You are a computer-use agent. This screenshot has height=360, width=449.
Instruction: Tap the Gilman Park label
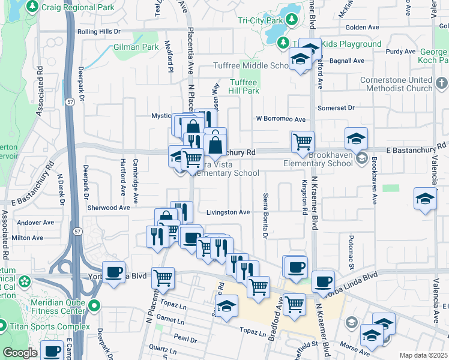point(136,46)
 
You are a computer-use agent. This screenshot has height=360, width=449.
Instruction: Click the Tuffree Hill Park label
point(244,86)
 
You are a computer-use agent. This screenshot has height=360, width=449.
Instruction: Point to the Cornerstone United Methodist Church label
point(396,84)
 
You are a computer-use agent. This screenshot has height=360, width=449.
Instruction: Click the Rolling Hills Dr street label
point(98,31)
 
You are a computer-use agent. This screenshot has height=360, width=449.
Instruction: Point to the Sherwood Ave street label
point(107,208)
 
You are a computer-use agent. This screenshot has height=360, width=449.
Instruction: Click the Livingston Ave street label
point(228,212)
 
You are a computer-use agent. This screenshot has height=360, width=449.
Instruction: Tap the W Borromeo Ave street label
point(281,119)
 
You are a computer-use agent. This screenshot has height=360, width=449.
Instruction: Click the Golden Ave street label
point(363,27)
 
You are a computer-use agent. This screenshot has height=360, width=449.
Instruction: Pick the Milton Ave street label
point(28,238)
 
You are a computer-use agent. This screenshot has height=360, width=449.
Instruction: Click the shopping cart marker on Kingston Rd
point(303,143)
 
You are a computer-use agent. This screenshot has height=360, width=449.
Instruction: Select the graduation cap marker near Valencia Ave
point(425,200)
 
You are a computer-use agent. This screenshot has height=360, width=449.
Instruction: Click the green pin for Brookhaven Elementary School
point(361,158)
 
